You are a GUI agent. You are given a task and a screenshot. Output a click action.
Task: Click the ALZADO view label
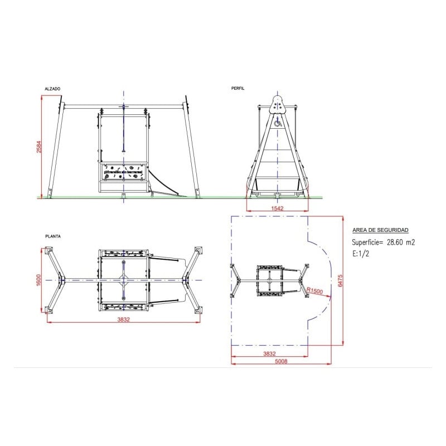[52, 89]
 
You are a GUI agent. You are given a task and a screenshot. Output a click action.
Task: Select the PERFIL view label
[238, 89]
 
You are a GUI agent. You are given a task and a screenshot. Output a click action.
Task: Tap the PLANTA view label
[53, 236]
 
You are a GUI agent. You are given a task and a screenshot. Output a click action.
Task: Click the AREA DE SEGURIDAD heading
[380, 230]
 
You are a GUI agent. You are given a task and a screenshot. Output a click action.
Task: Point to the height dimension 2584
[38, 146]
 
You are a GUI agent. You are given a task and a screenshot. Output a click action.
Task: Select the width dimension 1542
[278, 208]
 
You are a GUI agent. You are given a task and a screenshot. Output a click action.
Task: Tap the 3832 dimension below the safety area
[269, 353]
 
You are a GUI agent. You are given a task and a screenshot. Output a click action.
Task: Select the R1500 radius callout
[316, 290]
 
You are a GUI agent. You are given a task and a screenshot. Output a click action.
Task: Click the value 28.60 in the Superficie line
[396, 243]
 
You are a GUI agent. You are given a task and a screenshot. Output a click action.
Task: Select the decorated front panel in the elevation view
[123, 172]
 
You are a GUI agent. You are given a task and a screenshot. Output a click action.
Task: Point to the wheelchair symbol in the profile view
[277, 118]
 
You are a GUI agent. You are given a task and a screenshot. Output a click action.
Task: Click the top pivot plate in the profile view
[277, 104]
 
